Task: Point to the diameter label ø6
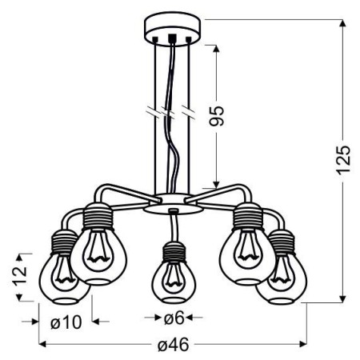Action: (174, 318)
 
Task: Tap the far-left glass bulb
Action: (59, 278)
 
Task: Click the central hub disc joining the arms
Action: (172, 201)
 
